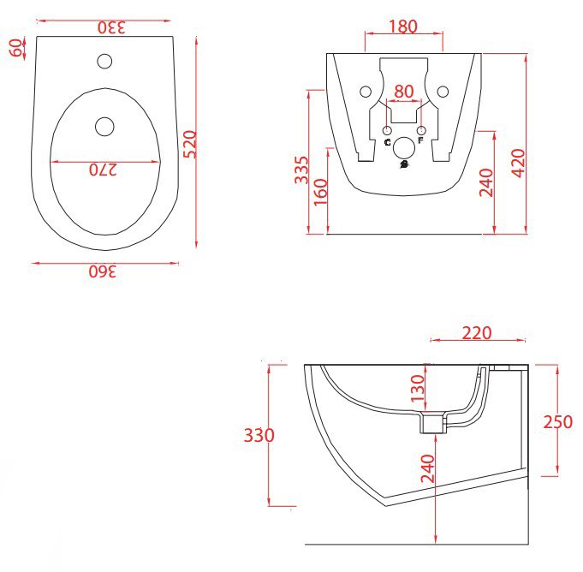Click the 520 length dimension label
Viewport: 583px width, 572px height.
(x=190, y=145)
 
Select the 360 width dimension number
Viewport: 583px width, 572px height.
(x=103, y=271)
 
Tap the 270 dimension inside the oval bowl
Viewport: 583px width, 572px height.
(x=103, y=170)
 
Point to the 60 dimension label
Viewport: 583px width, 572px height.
(x=16, y=47)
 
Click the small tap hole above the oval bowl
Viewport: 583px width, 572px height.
(x=104, y=61)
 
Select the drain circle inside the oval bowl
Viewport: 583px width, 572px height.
(x=104, y=127)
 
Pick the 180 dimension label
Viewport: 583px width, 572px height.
(x=403, y=27)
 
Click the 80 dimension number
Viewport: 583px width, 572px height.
(x=404, y=92)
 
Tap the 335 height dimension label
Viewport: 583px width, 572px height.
(x=302, y=170)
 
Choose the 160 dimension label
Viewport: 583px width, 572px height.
(x=321, y=192)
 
